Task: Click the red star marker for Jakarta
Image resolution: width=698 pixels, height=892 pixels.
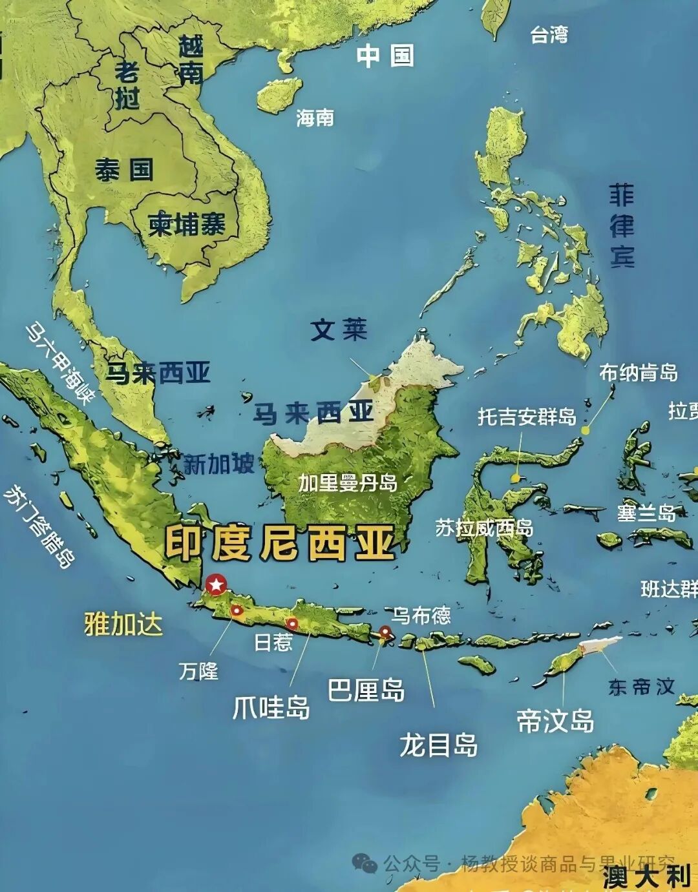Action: click(x=216, y=585)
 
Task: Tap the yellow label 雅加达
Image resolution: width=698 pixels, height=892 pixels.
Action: click(x=123, y=625)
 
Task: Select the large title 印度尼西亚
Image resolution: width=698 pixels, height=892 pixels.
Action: click(x=279, y=543)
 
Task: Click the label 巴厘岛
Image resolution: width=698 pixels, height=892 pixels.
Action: click(x=366, y=690)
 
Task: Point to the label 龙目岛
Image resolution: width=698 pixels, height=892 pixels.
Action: click(x=438, y=745)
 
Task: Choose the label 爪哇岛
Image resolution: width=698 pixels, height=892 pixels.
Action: click(x=271, y=707)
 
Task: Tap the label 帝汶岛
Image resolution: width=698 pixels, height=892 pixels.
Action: click(x=555, y=721)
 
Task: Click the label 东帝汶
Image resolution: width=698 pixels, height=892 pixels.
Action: click(x=641, y=687)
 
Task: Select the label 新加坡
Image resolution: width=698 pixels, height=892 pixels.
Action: click(x=219, y=464)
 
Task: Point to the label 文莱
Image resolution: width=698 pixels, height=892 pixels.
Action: click(x=339, y=330)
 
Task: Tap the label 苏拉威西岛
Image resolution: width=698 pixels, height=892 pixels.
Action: click(x=484, y=528)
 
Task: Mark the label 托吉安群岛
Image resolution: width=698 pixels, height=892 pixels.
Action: click(x=527, y=417)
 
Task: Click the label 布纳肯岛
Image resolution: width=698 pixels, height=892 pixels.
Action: click(x=638, y=373)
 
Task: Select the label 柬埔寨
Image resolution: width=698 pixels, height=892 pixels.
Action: click(x=187, y=224)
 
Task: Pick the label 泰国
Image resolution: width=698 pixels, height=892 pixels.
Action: click(x=124, y=170)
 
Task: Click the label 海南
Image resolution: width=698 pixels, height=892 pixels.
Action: click(x=315, y=118)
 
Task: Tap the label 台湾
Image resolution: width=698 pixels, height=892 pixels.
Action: click(x=549, y=34)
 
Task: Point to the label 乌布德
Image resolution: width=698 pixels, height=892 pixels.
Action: click(x=421, y=615)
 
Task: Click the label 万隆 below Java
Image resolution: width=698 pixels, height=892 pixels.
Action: click(x=198, y=671)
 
